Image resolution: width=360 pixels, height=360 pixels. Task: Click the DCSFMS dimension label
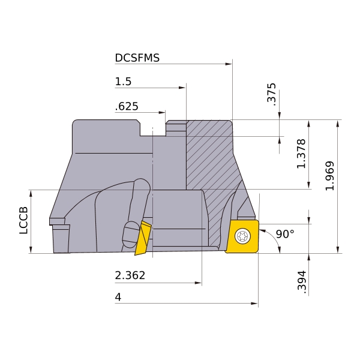point(137,58)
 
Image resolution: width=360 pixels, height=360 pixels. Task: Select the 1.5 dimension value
point(123,82)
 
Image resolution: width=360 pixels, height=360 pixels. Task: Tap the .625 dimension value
point(127,107)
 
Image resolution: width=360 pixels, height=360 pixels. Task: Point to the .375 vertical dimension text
point(271,94)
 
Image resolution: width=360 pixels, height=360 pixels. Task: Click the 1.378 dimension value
point(301,154)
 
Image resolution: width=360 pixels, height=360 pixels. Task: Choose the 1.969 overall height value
point(330,176)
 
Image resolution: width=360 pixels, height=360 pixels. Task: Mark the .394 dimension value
point(302,282)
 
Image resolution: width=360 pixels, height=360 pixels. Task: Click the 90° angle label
point(285,234)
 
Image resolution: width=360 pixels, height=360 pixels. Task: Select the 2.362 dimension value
point(130,275)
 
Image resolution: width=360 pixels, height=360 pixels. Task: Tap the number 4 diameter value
point(118,297)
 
